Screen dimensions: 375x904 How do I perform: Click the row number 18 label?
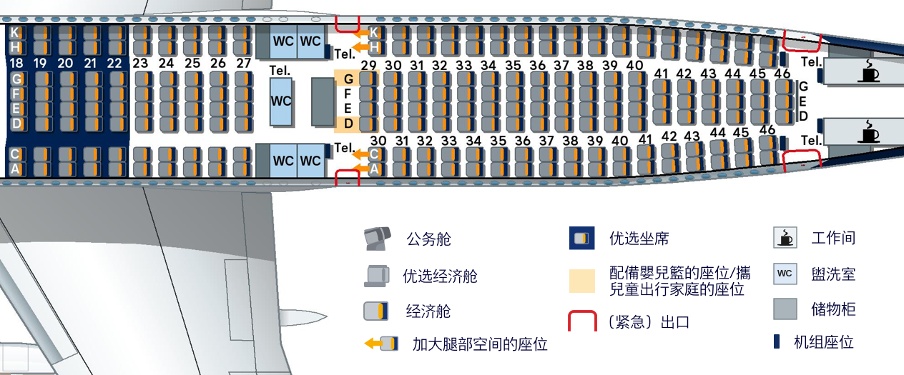point(16,63)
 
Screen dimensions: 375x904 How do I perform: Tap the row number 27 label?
point(244,63)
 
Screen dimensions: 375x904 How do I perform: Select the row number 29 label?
point(368,66)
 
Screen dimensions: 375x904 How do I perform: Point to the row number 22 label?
point(114,63)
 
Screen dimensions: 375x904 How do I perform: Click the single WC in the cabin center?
point(281,101)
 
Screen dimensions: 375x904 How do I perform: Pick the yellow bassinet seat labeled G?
point(348,79)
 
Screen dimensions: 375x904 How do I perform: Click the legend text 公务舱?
point(429,239)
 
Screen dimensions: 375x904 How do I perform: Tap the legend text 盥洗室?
point(833,274)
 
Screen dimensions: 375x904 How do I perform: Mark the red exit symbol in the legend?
point(582,321)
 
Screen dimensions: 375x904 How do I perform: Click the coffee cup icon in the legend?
point(785,238)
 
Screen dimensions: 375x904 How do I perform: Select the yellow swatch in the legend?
point(582,280)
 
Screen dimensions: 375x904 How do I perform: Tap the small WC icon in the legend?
point(785,274)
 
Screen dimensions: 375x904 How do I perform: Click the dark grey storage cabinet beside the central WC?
point(323,101)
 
